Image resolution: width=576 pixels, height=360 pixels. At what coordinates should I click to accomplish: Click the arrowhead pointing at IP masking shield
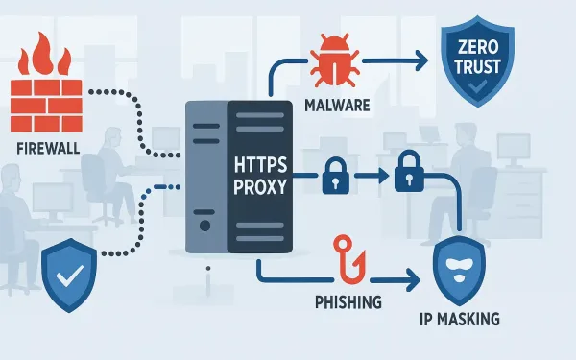pos(416,281)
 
